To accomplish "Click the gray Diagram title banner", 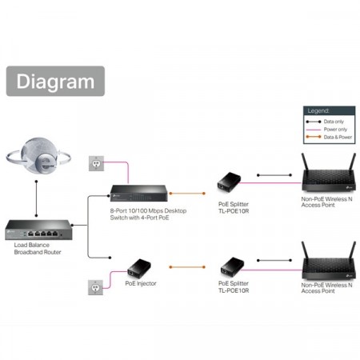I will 55,81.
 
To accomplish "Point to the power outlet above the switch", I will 95,163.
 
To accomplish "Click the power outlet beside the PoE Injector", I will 95,286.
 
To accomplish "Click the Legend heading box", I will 318,111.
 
